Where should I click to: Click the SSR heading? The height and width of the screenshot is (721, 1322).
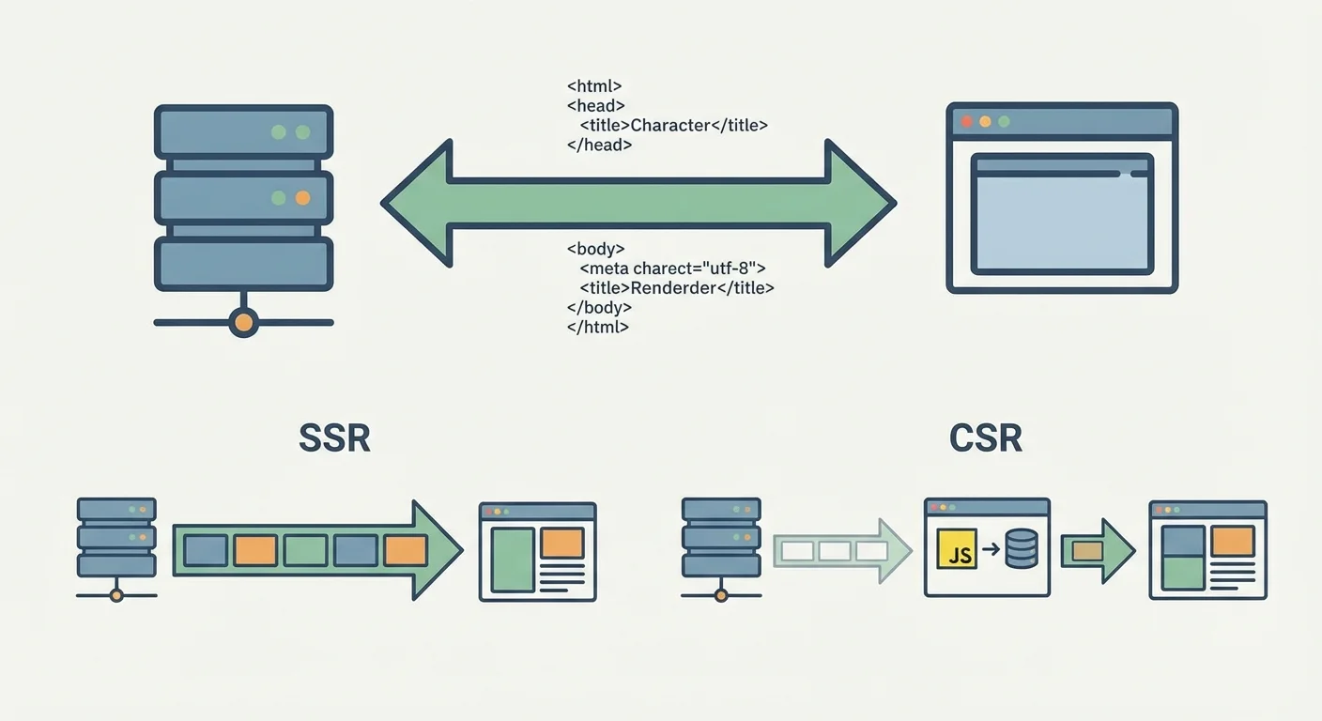click(334, 438)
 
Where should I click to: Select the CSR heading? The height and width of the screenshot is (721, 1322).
click(985, 438)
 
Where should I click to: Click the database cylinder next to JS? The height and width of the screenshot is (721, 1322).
click(1021, 549)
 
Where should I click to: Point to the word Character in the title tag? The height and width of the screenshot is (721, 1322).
click(669, 125)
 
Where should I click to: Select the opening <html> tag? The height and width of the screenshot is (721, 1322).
click(594, 85)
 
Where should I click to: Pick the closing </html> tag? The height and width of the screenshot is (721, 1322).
click(597, 328)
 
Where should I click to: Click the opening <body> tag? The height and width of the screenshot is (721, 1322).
click(595, 249)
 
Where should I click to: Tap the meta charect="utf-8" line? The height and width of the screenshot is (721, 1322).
click(673, 268)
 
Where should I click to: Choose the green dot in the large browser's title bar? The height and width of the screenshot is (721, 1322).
click(1004, 121)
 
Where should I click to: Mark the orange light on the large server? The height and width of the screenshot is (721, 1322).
click(302, 198)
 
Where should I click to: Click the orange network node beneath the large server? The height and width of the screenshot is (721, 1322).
click(243, 323)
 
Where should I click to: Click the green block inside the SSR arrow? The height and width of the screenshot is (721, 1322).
click(306, 550)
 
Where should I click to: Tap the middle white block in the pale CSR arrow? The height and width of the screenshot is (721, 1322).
click(834, 551)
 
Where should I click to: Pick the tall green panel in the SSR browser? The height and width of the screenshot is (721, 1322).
click(513, 559)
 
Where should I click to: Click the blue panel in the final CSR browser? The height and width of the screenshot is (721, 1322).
click(1183, 541)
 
